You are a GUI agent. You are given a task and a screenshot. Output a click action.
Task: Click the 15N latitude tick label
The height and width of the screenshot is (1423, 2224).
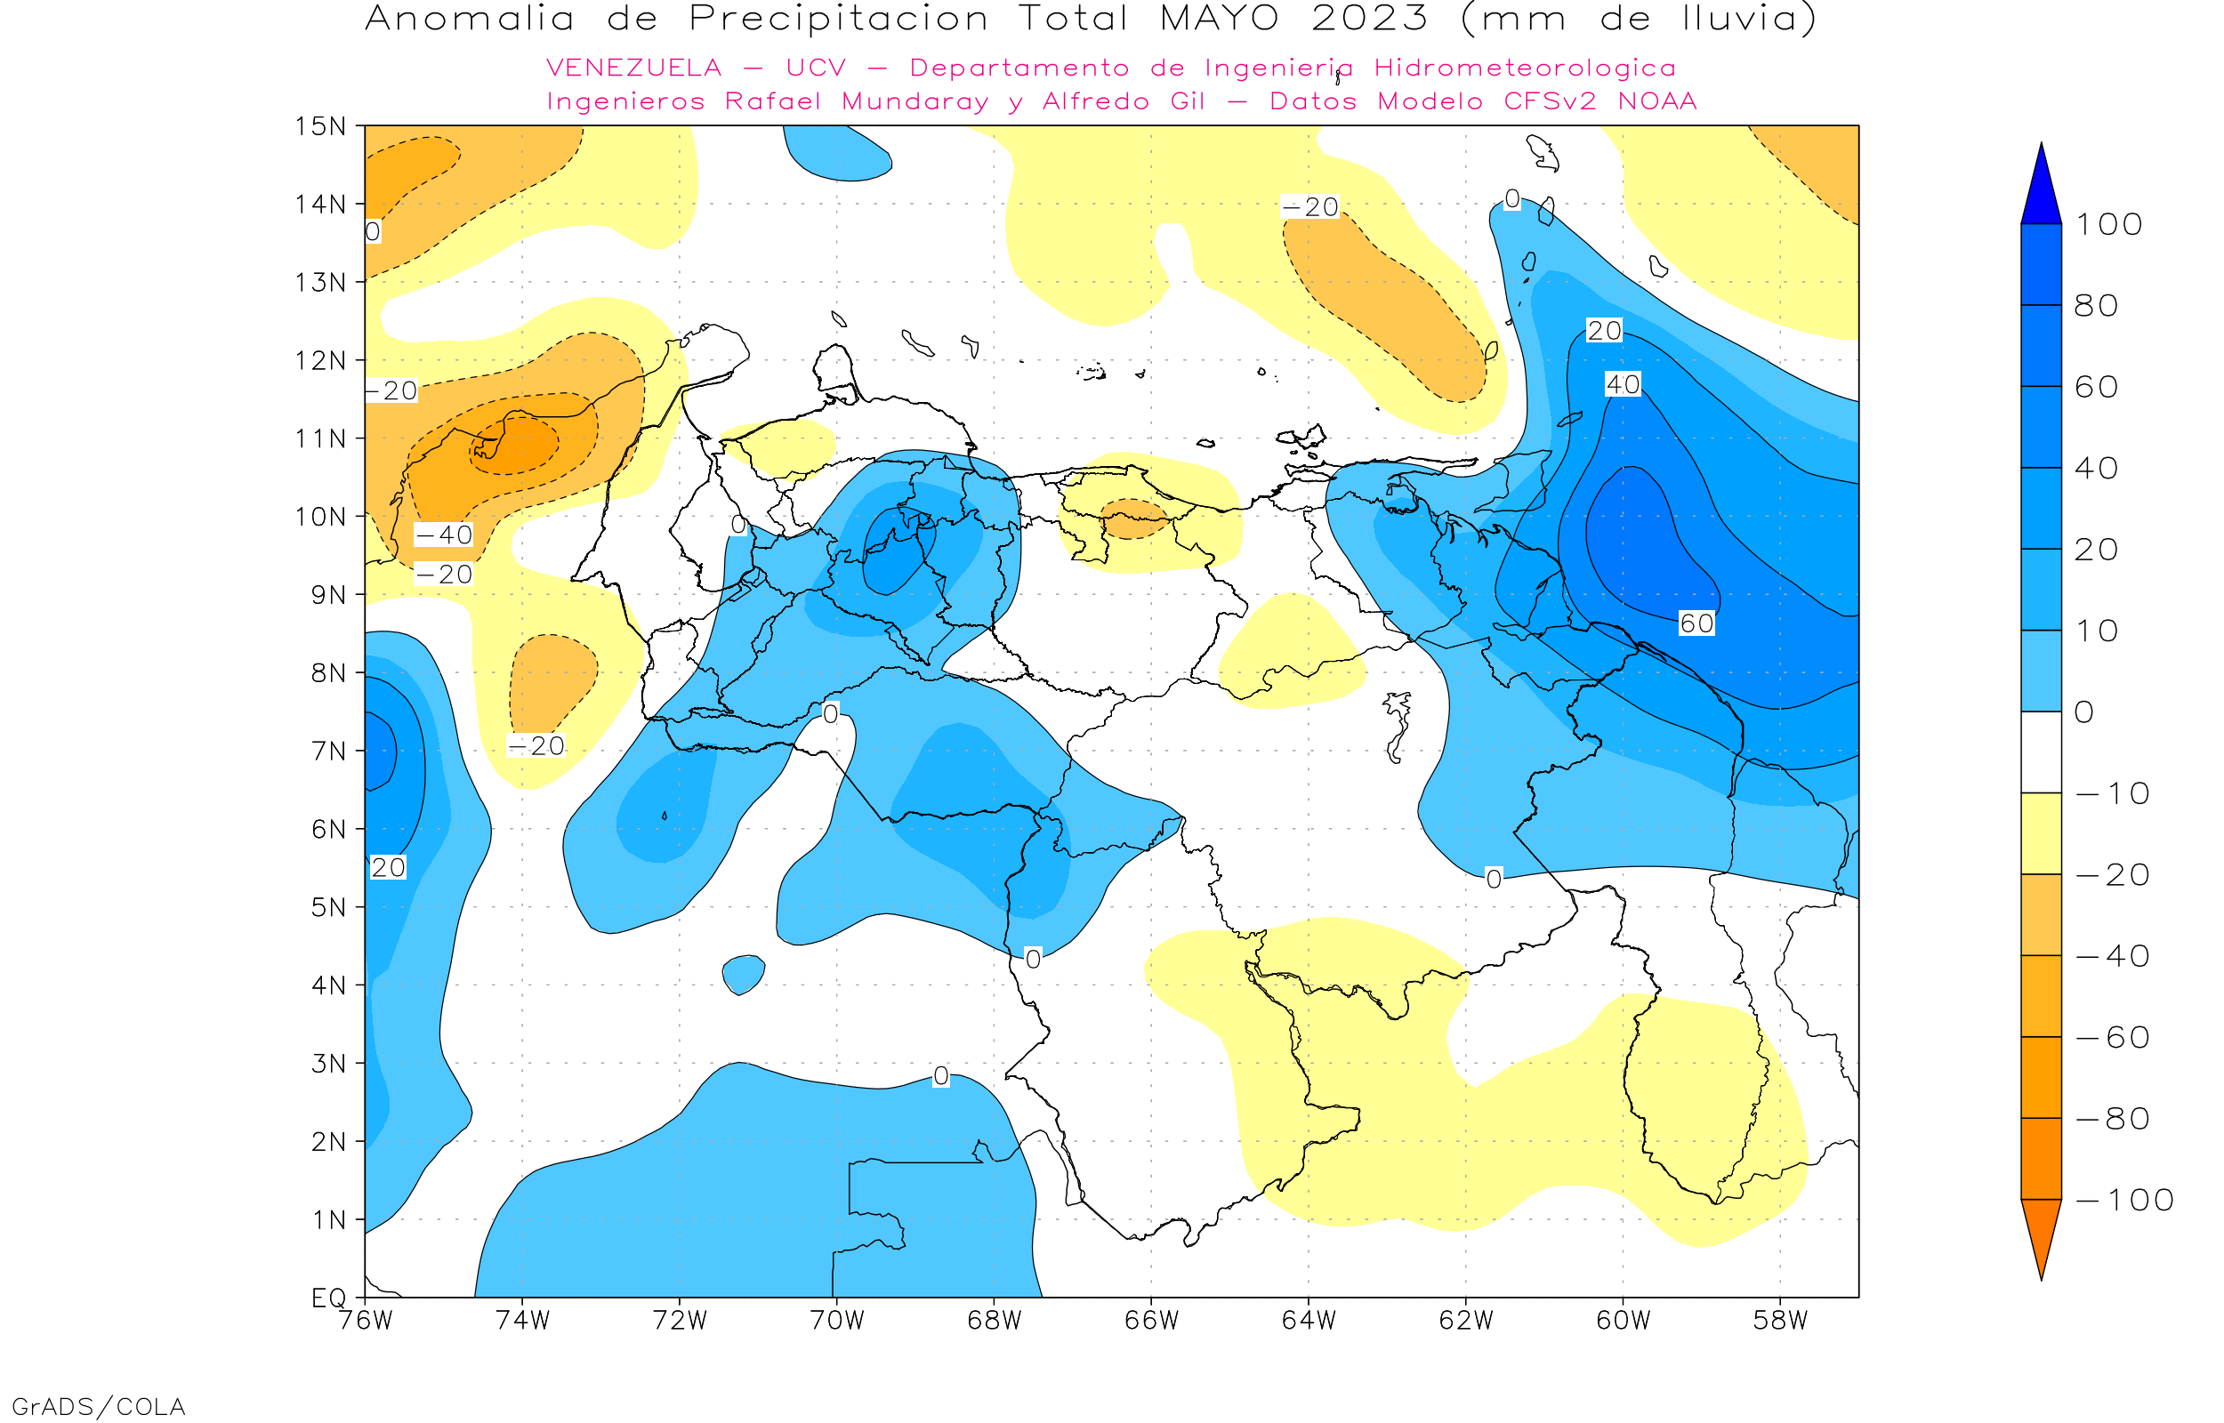[319, 125]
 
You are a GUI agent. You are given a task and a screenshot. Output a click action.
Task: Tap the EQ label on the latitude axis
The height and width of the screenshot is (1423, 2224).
[329, 1298]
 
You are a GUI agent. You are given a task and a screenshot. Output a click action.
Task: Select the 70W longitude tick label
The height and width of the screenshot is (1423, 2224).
[836, 1321]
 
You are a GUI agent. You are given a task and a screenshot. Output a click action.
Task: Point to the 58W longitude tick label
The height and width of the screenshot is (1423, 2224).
[1779, 1321]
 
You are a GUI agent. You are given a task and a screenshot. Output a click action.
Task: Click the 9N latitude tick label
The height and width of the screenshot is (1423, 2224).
[328, 594]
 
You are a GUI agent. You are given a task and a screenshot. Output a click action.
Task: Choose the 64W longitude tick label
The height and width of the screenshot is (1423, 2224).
[1309, 1321]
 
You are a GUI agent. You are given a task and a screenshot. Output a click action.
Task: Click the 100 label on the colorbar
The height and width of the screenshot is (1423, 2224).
[2108, 224]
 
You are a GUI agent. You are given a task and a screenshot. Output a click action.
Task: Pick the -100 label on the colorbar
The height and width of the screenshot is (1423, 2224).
[2124, 1201]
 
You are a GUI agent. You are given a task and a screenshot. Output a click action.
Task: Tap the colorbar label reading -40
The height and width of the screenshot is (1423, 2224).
[2112, 956]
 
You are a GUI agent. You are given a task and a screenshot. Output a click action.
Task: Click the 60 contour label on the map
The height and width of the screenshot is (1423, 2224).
[1696, 623]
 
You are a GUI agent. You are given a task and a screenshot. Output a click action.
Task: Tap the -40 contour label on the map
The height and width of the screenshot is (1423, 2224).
[444, 535]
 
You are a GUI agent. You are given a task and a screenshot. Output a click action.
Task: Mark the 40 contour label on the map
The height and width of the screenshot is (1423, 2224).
[1623, 384]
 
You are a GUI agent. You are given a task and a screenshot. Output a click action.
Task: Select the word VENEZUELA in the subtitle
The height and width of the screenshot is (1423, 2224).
[634, 68]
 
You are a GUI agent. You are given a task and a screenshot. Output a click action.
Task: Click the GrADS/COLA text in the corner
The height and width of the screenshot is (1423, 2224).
[98, 1406]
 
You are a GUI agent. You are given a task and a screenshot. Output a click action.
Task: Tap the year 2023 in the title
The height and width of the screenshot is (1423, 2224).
[1369, 19]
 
